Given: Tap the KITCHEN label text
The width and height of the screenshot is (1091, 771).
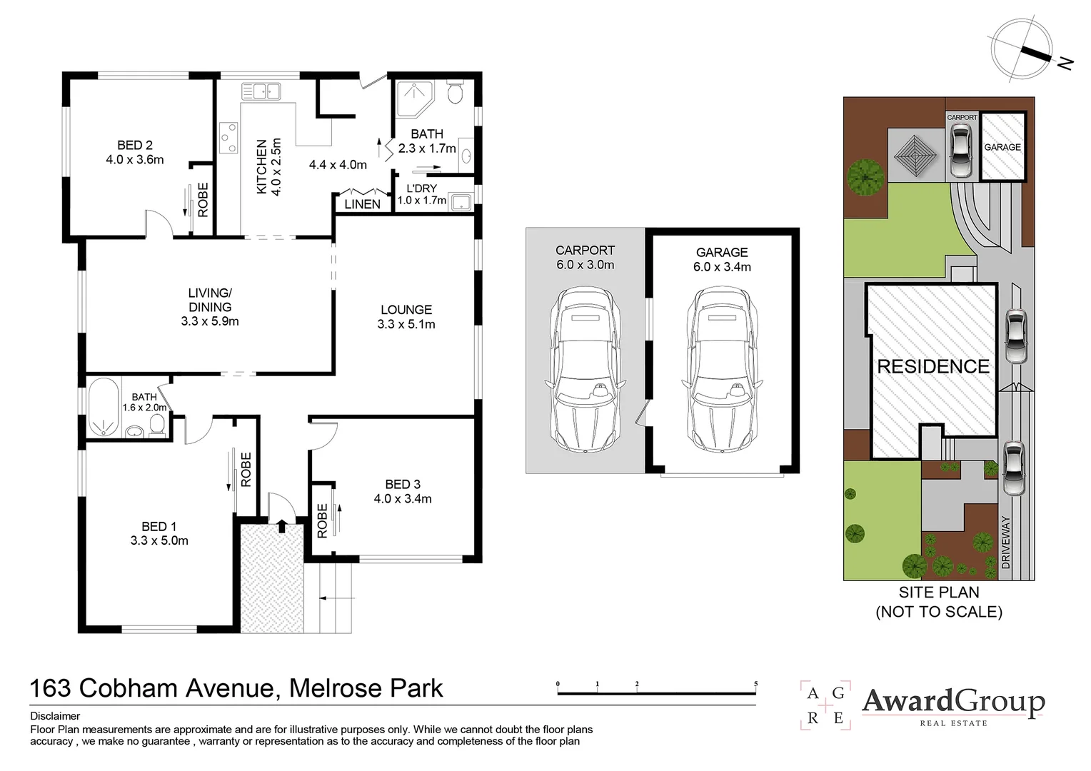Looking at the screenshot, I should pos(261,166).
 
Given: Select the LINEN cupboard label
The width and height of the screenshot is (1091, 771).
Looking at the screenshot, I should pos(362,204).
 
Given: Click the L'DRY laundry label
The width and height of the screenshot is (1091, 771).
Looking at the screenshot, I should pos(421,188).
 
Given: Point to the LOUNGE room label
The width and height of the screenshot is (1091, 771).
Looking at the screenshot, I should pos(406,310).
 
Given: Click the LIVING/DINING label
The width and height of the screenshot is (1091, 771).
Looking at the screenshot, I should pos(210,300).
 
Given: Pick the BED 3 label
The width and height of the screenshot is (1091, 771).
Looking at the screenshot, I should pos(403,485).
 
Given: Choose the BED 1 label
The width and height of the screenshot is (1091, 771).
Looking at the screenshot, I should pos(159,527).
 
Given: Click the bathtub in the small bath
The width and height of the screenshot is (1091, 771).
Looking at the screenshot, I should pos(106,408).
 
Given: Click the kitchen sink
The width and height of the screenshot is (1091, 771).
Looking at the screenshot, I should pos(261,91).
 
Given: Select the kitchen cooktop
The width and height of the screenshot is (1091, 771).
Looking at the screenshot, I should pos(229,138).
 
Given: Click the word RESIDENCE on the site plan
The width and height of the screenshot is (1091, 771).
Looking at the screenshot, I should pos(933,367).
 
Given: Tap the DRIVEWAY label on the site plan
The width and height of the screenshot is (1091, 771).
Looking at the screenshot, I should pos(1007,542).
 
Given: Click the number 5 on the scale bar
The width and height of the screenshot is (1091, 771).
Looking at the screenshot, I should pos(755,684).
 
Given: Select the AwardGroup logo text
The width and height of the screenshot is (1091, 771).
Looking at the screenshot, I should pos(953,702).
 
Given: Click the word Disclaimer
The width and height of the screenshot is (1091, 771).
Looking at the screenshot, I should pos(55,716).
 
